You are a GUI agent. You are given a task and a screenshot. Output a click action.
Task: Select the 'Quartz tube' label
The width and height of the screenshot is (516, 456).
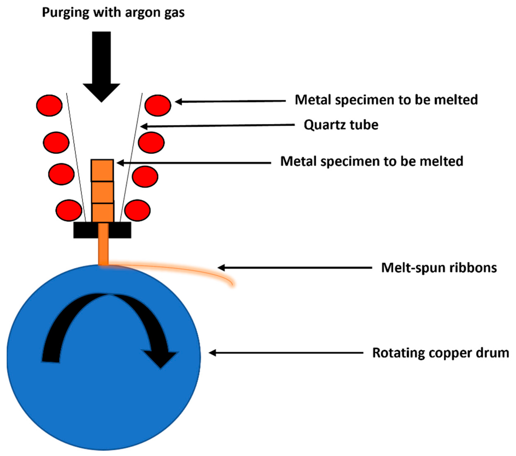point(341,125)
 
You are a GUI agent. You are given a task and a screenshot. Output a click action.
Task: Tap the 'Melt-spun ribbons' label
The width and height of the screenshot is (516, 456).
point(439,268)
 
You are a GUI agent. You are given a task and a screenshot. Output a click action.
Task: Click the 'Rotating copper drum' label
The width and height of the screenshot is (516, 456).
point(441,353)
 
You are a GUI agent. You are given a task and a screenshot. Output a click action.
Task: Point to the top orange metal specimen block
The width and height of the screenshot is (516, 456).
point(102,170)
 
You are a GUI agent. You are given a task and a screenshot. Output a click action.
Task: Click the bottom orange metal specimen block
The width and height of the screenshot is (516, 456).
point(103,213)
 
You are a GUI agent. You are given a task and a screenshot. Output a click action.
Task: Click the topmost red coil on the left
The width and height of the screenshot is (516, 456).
point(49,105)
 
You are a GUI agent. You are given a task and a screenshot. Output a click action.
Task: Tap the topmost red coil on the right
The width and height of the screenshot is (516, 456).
point(158,105)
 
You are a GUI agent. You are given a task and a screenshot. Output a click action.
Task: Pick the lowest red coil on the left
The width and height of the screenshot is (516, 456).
point(69,210)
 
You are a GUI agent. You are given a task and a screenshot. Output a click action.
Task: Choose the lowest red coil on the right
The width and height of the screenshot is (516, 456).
point(138,210)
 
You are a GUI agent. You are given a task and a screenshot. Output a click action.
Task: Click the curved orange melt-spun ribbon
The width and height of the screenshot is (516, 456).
point(177,270)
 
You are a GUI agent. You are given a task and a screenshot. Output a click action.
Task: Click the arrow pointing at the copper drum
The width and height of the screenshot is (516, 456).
point(285,353)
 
